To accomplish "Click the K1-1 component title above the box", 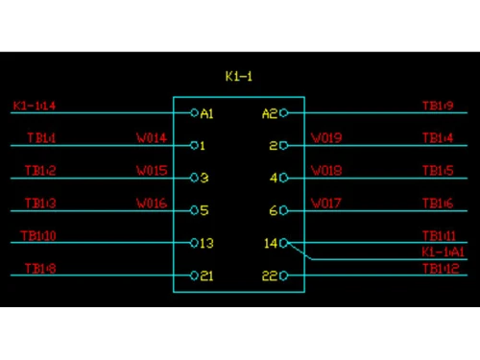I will pos(238,75).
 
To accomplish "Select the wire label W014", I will pos(152,138).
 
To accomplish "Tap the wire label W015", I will pos(152,171).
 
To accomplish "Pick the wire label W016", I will pos(152,204).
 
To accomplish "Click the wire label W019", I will pos(326,138).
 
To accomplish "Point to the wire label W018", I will pos(326,171).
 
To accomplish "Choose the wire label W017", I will pos(326,204).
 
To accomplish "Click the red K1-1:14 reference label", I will pos(35,106).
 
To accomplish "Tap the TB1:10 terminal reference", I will pos(40,236).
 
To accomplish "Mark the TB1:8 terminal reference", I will pos(40,269).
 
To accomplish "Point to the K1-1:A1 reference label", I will pos(443,252).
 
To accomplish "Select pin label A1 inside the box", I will pos(206,113).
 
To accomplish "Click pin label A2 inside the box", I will pos(270,113).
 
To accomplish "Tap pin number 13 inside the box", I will pos(206,243).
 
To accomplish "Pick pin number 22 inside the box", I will pos(270,276).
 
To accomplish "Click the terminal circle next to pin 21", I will pos(194,276).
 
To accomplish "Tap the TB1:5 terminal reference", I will pos(438,171).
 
